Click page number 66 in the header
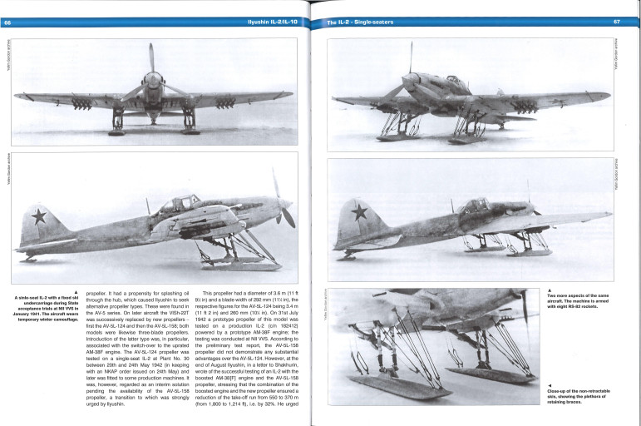tap(7, 22)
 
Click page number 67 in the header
tap(616, 22)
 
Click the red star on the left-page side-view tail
tap(37, 219)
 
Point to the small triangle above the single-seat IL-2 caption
tap(76, 291)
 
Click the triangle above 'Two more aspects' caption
tap(550, 288)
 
